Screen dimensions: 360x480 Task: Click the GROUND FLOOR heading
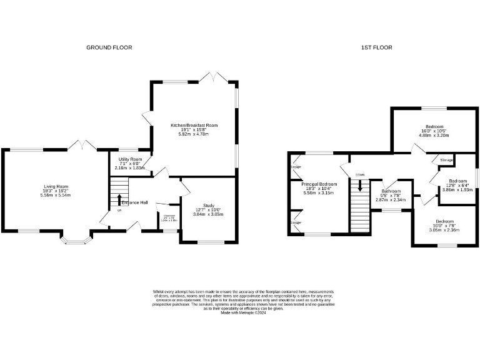(109, 47)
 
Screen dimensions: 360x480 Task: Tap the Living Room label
(56, 187)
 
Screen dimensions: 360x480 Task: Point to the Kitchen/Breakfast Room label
(194, 125)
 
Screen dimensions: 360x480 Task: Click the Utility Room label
(130, 160)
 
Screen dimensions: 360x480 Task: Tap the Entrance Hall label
(135, 203)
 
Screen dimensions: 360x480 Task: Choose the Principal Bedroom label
(319, 184)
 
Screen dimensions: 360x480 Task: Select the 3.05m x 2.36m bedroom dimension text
(443, 230)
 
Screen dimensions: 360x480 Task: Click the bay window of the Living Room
(76, 241)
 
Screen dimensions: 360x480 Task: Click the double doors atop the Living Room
(83, 145)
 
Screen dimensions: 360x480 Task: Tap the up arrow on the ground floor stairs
(119, 199)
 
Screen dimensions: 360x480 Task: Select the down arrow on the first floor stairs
(359, 186)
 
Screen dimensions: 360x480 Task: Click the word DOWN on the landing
(359, 174)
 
